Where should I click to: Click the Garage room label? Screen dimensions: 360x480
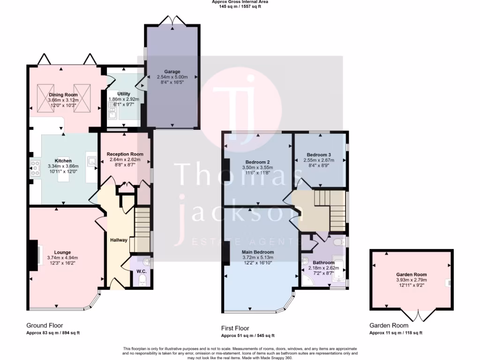[172, 72]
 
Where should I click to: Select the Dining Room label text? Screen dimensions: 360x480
[63, 95]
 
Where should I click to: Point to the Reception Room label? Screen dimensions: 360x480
[125, 154]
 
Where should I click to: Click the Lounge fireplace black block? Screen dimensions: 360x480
[33, 255]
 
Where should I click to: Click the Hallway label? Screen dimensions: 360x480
[119, 240]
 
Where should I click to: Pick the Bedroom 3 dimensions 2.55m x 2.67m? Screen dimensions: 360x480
[319, 160]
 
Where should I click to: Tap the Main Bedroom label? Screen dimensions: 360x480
[258, 252]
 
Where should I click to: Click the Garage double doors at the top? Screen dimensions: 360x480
[171, 21]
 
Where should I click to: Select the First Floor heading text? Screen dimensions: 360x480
[235, 328]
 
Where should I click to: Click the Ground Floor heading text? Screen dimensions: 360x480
[45, 325]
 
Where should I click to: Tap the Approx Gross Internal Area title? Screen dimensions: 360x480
[240, 2]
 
